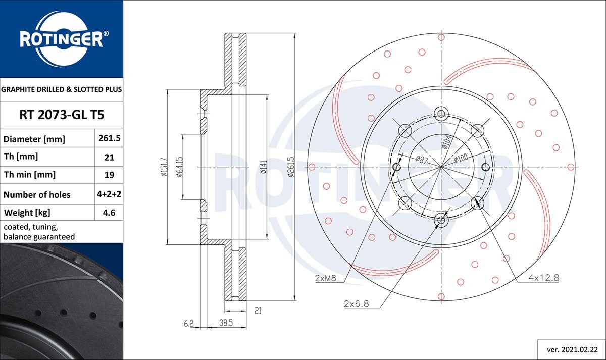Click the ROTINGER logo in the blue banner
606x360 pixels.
pyautogui.click(x=62, y=39)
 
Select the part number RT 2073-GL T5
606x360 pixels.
pyautogui.click(x=62, y=115)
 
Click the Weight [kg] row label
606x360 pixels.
pyautogui.click(x=27, y=213)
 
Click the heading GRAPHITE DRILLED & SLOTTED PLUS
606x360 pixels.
pyautogui.click(x=62, y=90)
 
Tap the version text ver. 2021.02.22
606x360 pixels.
pyautogui.click(x=570, y=349)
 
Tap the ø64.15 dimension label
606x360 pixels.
pyautogui.click(x=179, y=166)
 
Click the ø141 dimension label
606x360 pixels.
pyautogui.click(x=263, y=167)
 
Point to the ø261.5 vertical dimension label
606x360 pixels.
pyautogui.click(x=291, y=167)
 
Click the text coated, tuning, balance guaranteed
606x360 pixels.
pyautogui.click(x=39, y=232)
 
